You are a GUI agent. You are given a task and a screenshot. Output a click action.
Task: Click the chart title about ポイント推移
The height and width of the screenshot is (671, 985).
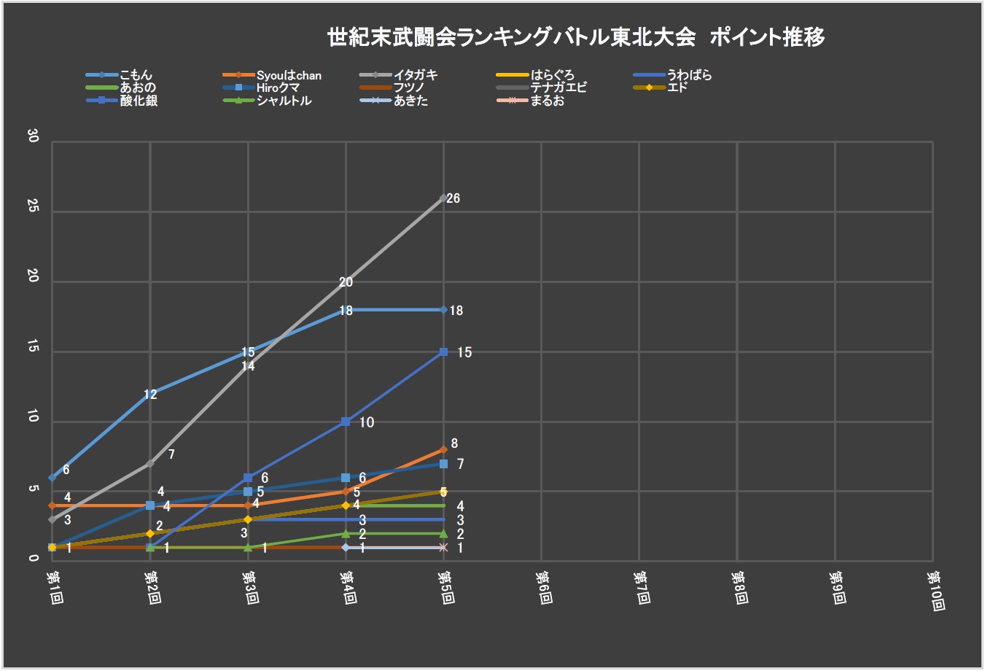coord(576,36)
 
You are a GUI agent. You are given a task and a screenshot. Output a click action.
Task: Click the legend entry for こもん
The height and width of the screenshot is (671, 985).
coord(136,75)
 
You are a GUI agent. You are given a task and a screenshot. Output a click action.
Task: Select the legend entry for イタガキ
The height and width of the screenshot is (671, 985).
coord(415,75)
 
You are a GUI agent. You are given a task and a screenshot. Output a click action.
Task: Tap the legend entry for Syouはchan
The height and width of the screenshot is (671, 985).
coord(289,75)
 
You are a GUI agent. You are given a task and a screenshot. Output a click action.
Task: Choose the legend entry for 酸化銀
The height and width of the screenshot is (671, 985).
coord(139,101)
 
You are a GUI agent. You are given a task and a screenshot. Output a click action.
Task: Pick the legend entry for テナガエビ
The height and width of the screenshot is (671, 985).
coord(558,88)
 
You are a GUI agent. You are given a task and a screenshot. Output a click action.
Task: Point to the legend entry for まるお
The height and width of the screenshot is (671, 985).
coord(547,101)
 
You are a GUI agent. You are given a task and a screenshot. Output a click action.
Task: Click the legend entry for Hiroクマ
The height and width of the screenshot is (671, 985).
coord(278,88)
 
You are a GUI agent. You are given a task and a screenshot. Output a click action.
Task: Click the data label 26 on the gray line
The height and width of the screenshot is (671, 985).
coord(453,198)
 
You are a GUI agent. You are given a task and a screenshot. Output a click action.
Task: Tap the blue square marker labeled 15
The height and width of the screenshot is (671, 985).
coord(443,352)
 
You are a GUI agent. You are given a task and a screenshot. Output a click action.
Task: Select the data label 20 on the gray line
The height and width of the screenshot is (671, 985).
coord(346,282)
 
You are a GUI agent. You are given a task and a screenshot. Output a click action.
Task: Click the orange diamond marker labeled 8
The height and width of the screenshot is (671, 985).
coord(443,450)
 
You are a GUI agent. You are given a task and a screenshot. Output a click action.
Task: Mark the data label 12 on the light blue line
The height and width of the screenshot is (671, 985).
coord(150,395)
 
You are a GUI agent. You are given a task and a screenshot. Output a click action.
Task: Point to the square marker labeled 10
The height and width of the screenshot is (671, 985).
coord(346,422)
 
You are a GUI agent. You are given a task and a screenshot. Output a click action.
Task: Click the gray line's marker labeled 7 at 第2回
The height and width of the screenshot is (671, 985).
coord(150,463)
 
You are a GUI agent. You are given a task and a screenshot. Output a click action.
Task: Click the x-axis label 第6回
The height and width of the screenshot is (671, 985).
coord(543,586)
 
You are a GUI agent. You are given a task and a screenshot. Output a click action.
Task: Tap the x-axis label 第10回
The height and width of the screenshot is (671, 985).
coord(935,590)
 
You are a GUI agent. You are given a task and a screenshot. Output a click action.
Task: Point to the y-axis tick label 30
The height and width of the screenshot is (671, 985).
coord(32,136)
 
